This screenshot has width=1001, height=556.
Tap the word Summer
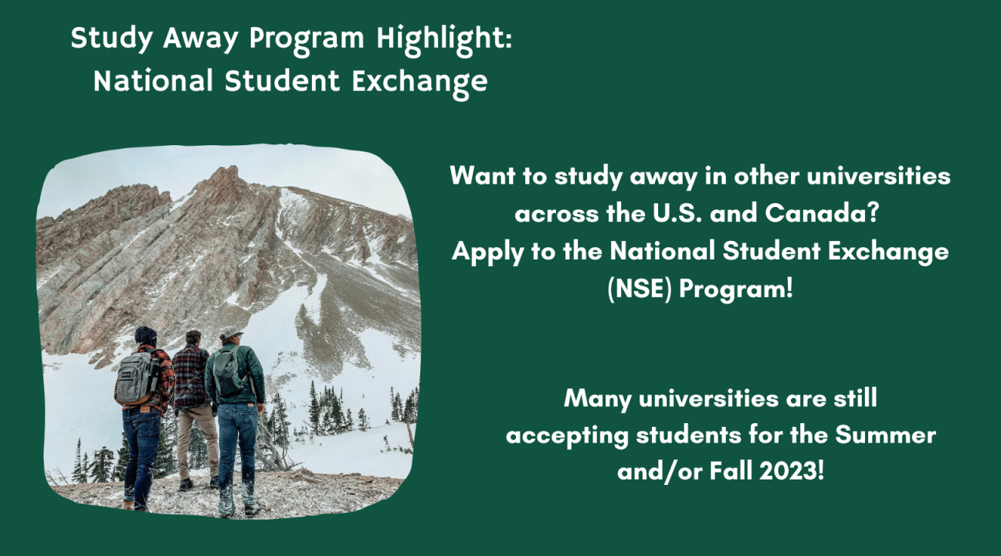886,435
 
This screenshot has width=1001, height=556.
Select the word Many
597,398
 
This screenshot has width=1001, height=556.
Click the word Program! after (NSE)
735,289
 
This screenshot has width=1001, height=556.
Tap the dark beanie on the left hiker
146,335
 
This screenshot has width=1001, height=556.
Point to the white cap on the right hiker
231,331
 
